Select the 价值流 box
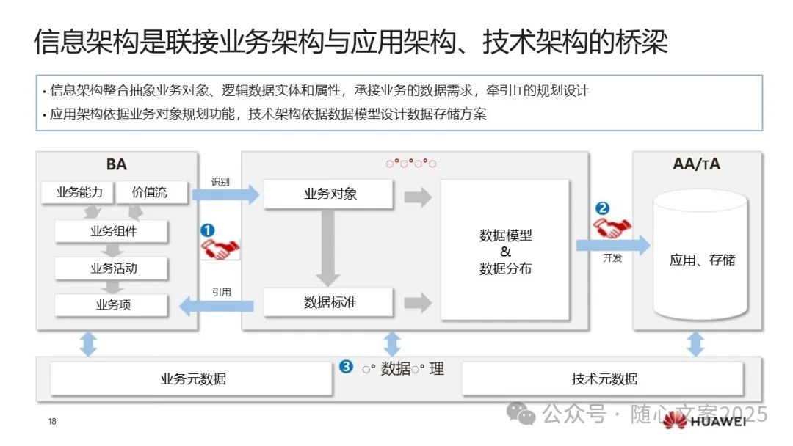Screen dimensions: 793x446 pyautogui.click(x=150, y=193)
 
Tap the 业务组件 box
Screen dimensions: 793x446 pyautogui.click(x=112, y=231)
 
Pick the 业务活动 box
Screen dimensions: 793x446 pyautogui.click(x=112, y=268)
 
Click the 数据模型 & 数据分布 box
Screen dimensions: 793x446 pyautogui.click(x=505, y=251)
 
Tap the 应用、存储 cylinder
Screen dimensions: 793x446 pyautogui.click(x=701, y=257)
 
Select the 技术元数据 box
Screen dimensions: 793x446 pyautogui.click(x=604, y=379)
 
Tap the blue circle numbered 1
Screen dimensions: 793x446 pyautogui.click(x=207, y=230)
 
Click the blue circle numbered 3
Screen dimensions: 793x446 pyautogui.click(x=346, y=367)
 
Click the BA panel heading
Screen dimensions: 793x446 pyautogui.click(x=116, y=164)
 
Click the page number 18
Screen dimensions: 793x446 pyautogui.click(x=52, y=422)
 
